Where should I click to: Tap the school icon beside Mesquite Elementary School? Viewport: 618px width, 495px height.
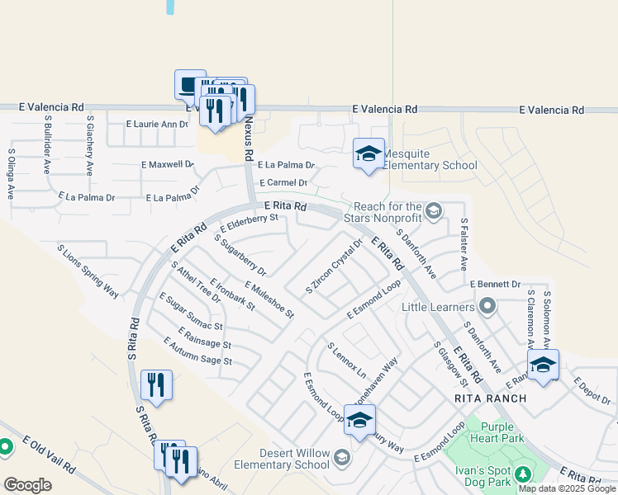coord(369,153)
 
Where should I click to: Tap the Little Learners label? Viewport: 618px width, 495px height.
coord(439,307)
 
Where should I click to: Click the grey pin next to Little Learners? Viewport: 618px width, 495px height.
coord(487,308)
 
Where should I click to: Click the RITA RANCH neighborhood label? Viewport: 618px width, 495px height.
coord(490,398)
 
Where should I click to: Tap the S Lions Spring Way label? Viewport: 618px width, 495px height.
coord(88,270)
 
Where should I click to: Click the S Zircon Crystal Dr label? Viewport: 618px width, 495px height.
coord(335,266)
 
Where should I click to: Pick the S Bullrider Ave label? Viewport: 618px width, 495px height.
coord(48,144)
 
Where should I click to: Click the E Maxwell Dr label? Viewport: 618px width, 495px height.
coord(167,164)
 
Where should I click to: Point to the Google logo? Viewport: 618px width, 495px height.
coord(27,485)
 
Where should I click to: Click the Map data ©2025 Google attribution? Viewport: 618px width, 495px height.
coord(568,488)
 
